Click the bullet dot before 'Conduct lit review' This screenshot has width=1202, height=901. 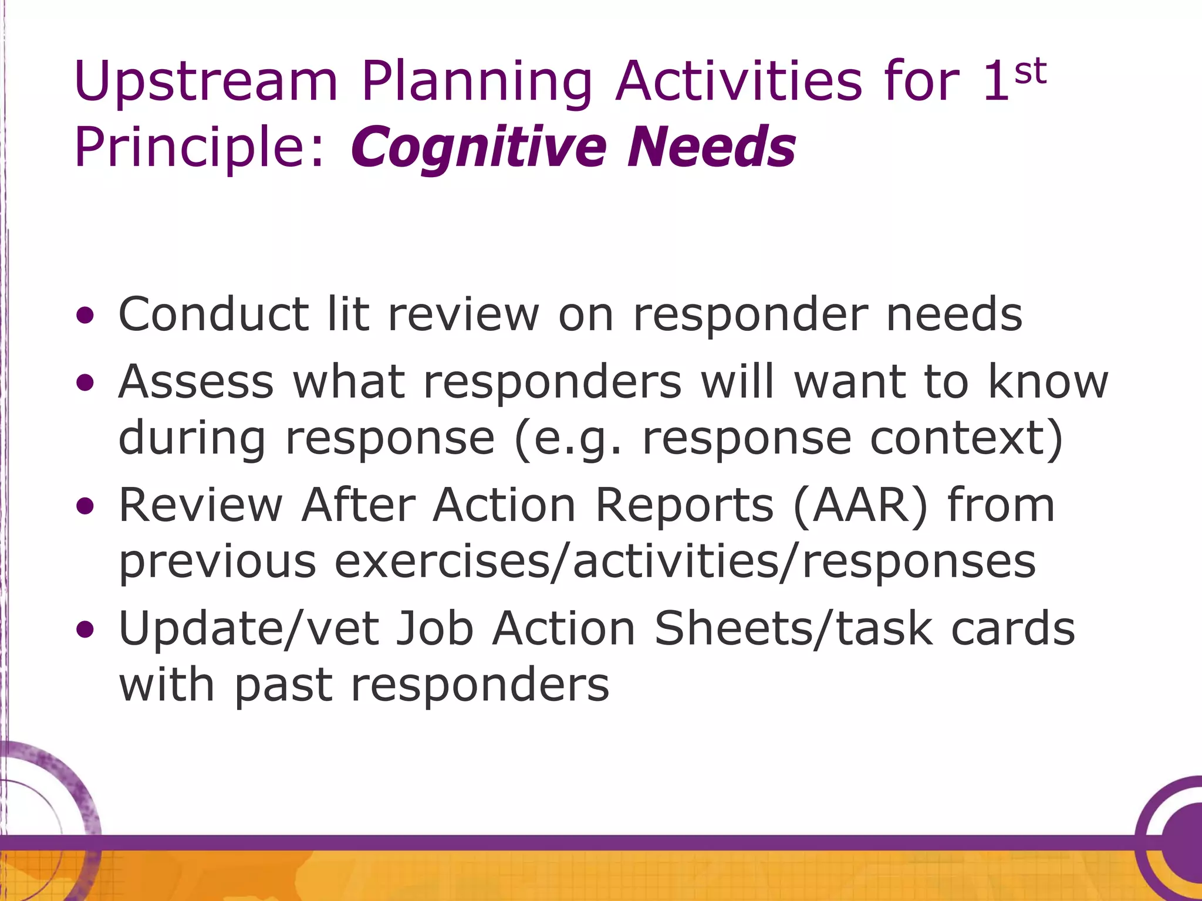pos(85,316)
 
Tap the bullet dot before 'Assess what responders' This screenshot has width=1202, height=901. pos(85,384)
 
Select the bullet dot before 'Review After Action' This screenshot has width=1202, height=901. pos(85,506)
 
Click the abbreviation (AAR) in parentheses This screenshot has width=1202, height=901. pos(860,506)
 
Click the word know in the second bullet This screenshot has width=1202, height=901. pos(1048,382)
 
